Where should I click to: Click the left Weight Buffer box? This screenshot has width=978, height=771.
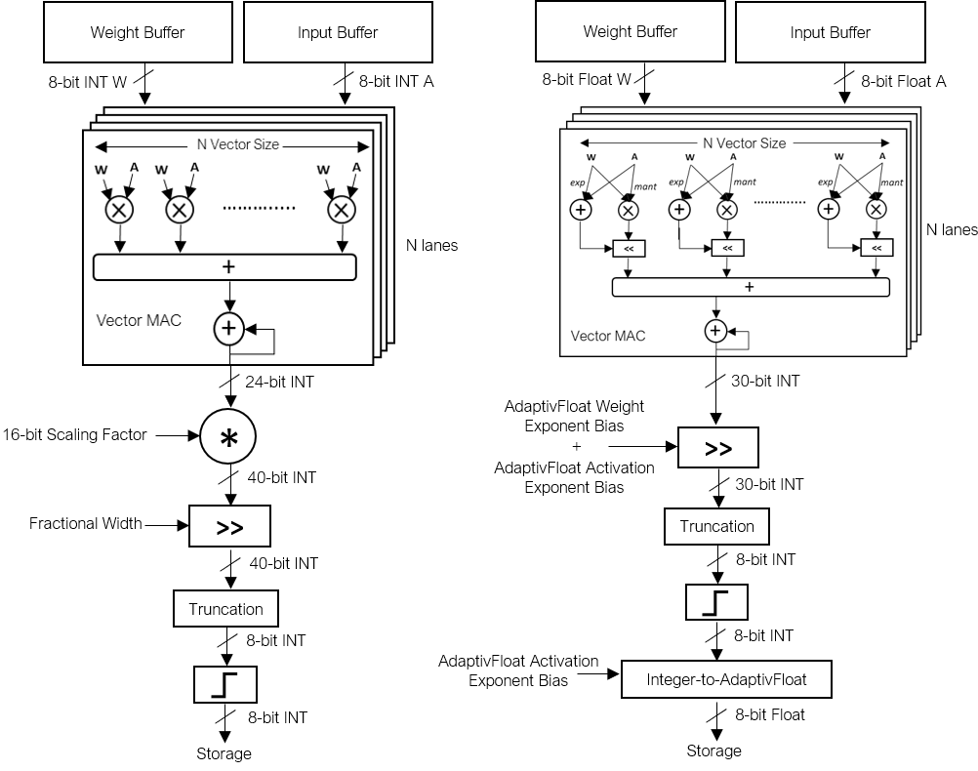(x=138, y=32)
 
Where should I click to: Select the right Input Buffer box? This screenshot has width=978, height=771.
(x=830, y=32)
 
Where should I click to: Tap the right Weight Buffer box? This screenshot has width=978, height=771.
(x=630, y=31)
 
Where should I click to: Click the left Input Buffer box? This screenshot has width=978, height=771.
(x=338, y=32)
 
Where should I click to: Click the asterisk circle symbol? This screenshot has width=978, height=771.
(x=227, y=438)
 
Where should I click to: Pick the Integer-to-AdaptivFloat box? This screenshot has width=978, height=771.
(x=726, y=679)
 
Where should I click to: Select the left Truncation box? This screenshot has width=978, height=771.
(x=225, y=609)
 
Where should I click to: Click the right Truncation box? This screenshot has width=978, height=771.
(x=716, y=526)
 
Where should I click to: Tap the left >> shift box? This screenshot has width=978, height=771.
(x=229, y=527)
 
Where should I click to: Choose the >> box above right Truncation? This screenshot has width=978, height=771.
(x=717, y=448)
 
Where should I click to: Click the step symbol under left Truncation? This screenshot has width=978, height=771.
(x=225, y=685)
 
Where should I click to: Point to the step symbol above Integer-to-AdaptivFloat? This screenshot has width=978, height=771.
(x=716, y=602)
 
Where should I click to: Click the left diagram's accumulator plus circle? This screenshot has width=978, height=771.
(x=228, y=330)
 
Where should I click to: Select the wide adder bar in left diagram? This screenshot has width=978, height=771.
(x=224, y=266)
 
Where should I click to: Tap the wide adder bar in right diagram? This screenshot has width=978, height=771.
(x=750, y=287)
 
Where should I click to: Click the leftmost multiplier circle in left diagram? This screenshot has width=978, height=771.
(x=119, y=209)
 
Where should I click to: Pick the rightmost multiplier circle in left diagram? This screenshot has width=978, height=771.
(x=341, y=209)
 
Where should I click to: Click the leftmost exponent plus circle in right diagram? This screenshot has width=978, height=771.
(x=581, y=208)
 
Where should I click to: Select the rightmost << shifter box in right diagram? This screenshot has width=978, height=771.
(x=876, y=249)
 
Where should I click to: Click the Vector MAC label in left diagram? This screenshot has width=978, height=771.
(x=139, y=320)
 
